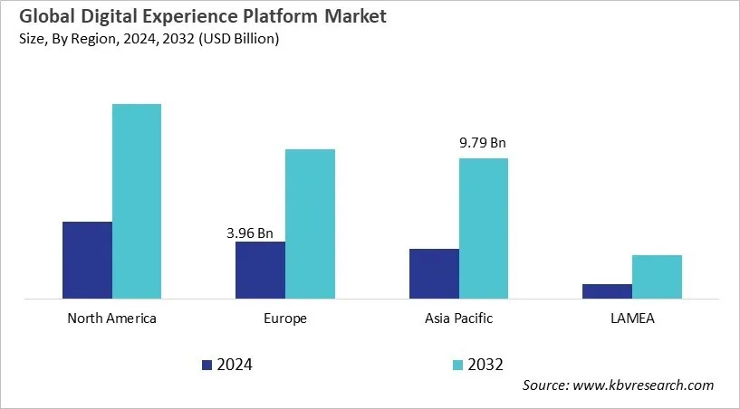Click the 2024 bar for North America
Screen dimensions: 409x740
pos(87,260)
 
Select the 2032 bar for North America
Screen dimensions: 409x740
pos(137,201)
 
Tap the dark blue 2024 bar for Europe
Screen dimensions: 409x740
pos(260,270)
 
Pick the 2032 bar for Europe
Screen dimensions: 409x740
pos(311,224)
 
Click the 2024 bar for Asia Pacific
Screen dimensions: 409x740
pos(434,273)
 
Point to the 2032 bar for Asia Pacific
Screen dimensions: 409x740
pos(484,228)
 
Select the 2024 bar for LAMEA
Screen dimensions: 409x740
pos(607,290)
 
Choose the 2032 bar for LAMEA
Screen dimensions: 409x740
pos(657,276)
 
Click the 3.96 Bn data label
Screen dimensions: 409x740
pos(250,233)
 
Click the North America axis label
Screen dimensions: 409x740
pos(112,319)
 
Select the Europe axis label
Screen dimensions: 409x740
pos(285,319)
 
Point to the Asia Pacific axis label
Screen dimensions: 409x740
pos(458,319)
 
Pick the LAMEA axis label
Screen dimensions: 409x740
pos(632,319)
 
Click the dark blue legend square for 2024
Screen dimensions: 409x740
pos(207,365)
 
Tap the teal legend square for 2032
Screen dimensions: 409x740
pos(458,365)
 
